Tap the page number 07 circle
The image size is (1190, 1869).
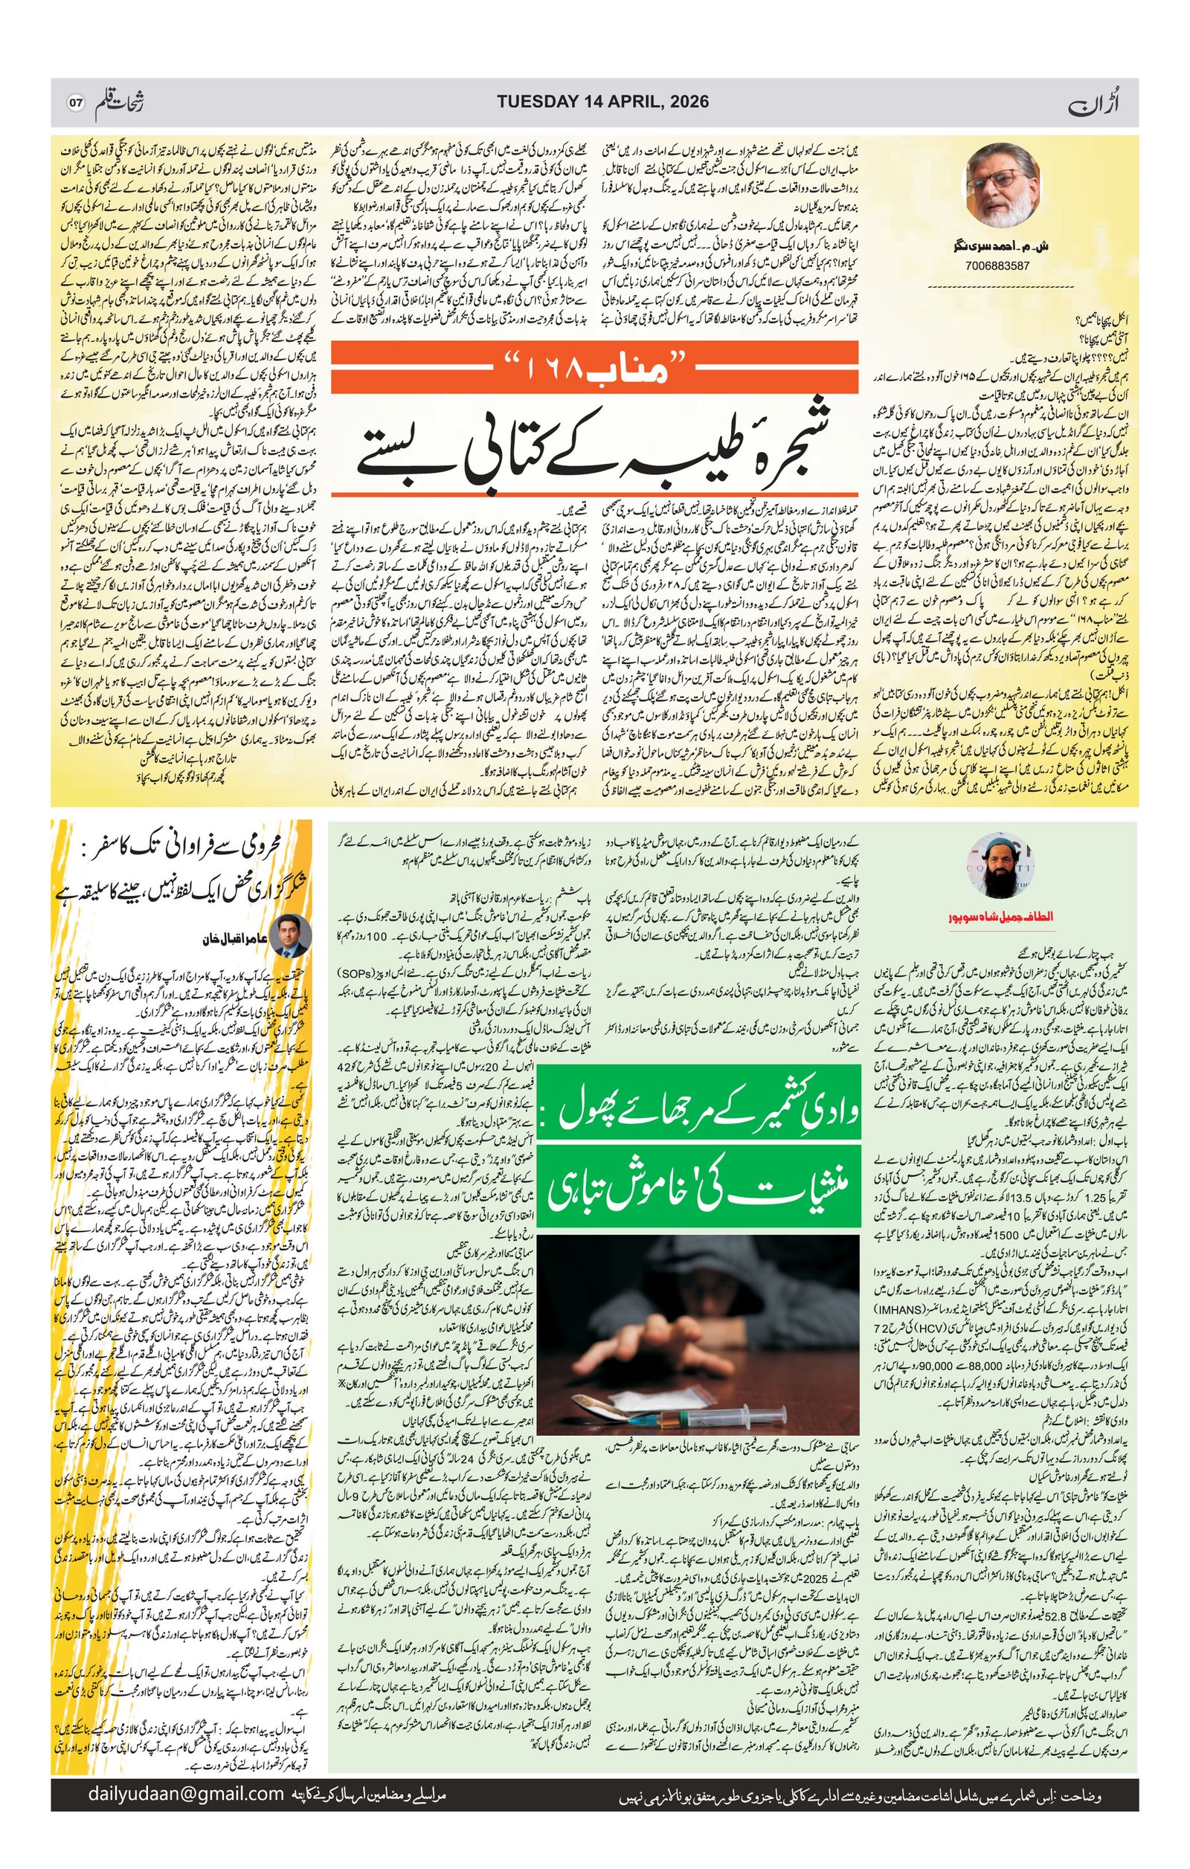[x=75, y=103]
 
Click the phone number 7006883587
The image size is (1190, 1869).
[x=998, y=265]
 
